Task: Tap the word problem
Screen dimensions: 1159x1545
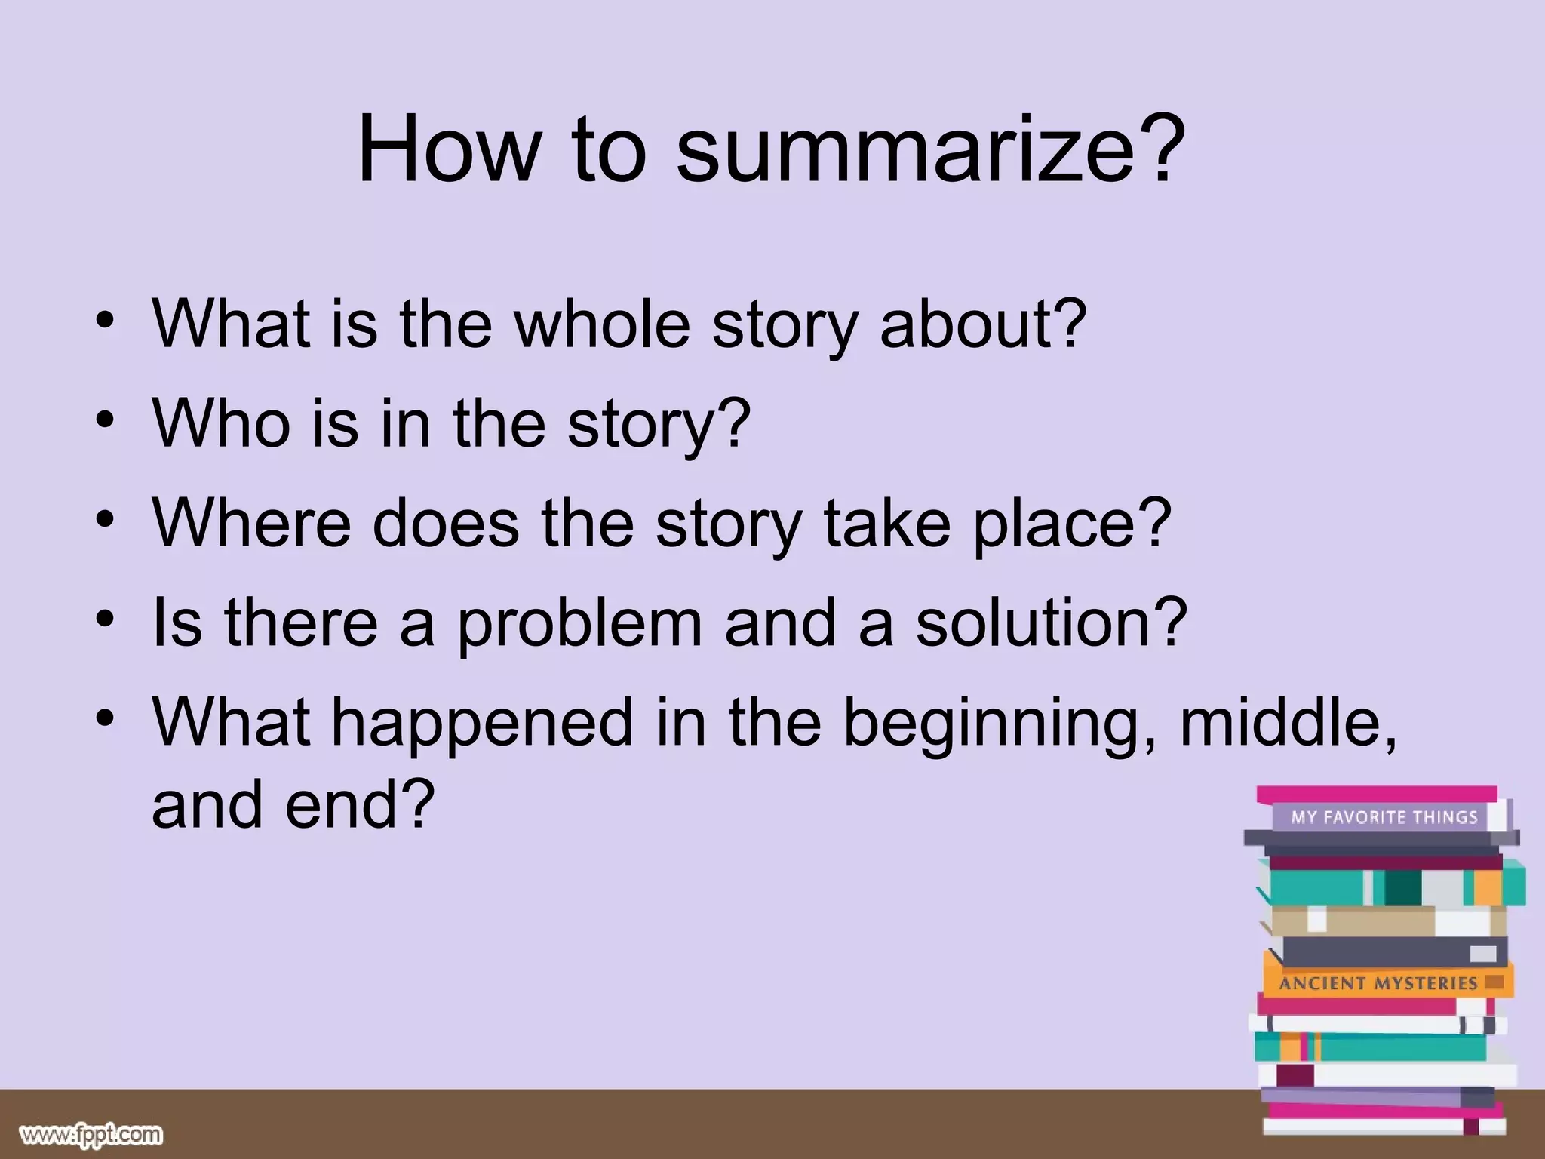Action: pyautogui.click(x=579, y=623)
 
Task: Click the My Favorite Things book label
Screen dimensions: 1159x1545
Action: pyautogui.click(x=1384, y=816)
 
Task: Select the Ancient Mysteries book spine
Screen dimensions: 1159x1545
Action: pyautogui.click(x=1378, y=983)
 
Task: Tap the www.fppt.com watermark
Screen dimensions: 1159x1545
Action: pyautogui.click(x=91, y=1134)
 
